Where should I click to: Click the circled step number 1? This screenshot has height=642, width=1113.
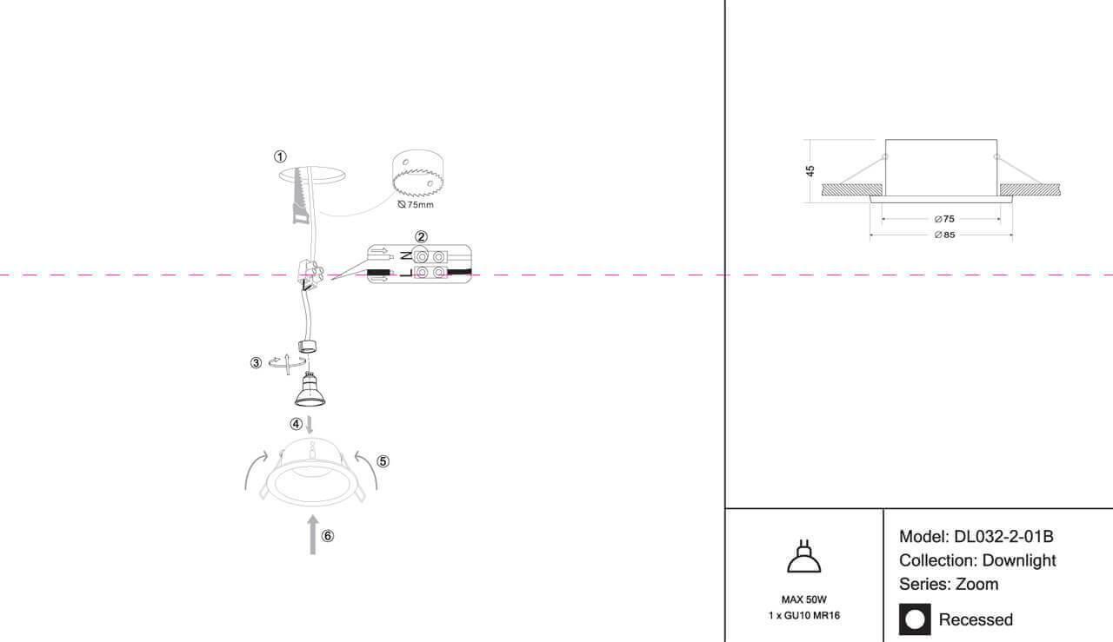tap(280, 157)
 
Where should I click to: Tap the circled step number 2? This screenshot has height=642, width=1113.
tap(421, 237)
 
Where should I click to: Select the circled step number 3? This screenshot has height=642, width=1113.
tap(256, 363)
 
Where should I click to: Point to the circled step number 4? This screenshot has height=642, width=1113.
tap(297, 424)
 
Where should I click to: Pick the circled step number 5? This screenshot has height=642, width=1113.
tap(383, 461)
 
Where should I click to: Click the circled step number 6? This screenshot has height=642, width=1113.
tap(328, 536)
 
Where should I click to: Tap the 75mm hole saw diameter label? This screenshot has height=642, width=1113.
tap(416, 204)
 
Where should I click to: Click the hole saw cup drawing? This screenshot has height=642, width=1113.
tap(417, 173)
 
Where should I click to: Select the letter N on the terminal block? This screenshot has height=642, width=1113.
tap(406, 256)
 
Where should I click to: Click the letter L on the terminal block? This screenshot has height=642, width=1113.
tap(406, 273)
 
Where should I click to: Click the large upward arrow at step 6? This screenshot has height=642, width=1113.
tap(312, 534)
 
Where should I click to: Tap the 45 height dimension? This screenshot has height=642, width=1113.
tap(810, 171)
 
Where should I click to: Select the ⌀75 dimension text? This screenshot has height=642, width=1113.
tap(944, 219)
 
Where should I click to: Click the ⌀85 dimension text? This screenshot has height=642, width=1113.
tap(944, 235)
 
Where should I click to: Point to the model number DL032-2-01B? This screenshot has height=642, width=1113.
tap(1003, 537)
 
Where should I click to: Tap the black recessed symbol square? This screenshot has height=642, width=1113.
tap(915, 619)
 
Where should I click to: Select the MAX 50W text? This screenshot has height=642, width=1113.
tap(804, 599)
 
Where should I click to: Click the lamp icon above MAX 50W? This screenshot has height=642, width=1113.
tap(804, 557)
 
